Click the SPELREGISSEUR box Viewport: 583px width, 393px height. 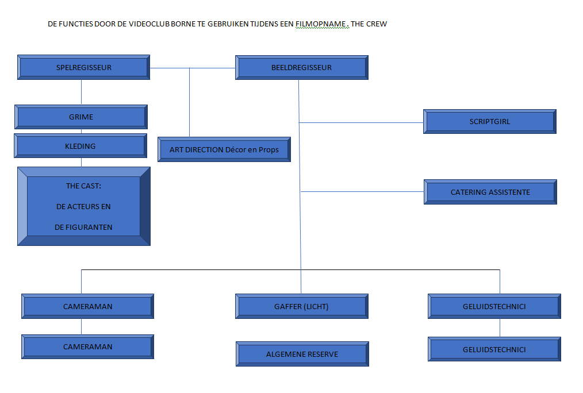[84, 67]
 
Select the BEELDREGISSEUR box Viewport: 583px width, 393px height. [301, 67]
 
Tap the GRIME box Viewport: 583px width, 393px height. [81, 117]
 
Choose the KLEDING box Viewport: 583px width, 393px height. [80, 146]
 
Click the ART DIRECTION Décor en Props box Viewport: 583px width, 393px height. [224, 149]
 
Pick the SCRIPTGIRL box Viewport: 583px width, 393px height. [489, 121]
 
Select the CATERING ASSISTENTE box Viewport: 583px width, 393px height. [490, 192]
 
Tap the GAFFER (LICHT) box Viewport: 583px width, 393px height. [301, 306]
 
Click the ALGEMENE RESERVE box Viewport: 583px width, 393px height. [302, 354]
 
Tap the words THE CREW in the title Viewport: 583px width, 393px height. [369, 24]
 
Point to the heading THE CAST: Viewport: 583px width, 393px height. [84, 186]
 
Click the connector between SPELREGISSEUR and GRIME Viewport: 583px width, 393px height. [81, 92]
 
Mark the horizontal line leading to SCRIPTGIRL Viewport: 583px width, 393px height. [362, 122]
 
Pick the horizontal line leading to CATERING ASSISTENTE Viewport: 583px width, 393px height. [362, 191]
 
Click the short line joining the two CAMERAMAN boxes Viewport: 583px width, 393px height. [81, 326]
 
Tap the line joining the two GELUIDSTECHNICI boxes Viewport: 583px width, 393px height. [500, 327]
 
